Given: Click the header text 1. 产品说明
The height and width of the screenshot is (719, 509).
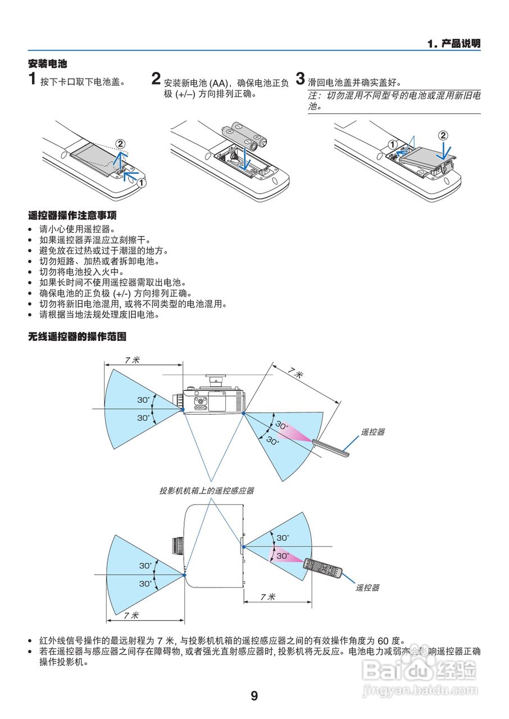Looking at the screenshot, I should click(453, 44).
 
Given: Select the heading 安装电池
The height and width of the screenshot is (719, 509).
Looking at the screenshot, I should click(47, 64).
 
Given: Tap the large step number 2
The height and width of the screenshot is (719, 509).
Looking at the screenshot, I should click(156, 79).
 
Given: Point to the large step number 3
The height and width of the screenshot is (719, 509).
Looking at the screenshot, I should click(301, 79).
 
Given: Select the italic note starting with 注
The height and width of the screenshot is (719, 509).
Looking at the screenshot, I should click(393, 101).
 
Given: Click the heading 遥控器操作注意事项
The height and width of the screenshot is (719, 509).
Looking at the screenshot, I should click(72, 216).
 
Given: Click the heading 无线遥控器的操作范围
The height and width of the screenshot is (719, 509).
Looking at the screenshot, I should click(77, 337).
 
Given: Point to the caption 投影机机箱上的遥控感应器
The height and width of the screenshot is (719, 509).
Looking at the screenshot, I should click(206, 490).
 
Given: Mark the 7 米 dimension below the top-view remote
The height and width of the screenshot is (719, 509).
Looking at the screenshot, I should click(268, 597).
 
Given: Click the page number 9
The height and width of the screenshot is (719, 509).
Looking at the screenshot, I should click(254, 696).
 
